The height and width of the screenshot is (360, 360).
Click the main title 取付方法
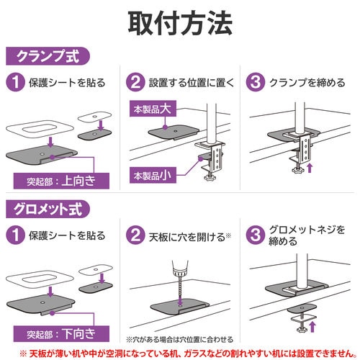180,23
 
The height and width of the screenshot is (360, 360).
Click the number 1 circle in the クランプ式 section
14,83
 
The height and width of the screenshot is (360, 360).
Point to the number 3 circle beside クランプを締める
255,82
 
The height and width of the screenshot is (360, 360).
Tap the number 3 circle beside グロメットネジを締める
255,235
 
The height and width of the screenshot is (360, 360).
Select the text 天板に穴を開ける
182,235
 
